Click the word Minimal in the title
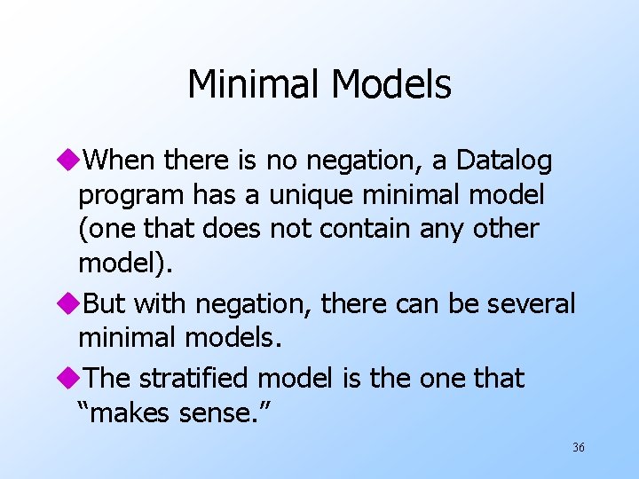255,85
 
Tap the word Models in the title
391,85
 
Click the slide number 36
578,448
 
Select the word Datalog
504,161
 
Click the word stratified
196,378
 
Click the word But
105,304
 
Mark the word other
506,228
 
